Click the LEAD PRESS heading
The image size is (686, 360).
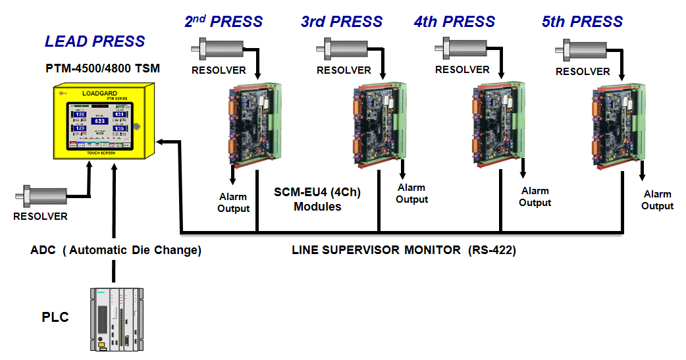[x=95, y=41]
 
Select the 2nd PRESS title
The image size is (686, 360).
[x=223, y=21]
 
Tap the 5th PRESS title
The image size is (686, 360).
[x=582, y=21]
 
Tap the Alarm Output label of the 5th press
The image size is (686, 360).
[x=658, y=200]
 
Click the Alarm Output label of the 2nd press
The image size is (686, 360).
[x=234, y=203]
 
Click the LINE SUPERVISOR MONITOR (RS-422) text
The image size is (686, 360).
[x=404, y=251]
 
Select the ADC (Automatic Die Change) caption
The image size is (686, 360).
[x=116, y=251]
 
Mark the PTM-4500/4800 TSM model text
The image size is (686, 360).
[x=103, y=68]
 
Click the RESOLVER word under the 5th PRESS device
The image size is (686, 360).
[x=583, y=71]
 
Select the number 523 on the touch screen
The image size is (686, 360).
[x=100, y=121]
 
